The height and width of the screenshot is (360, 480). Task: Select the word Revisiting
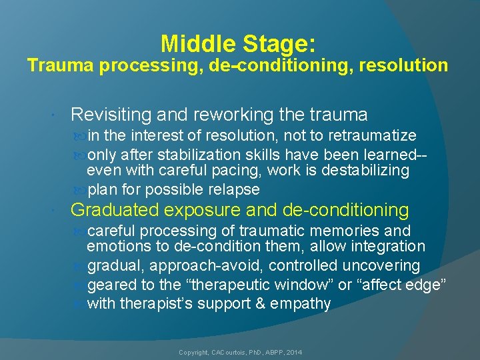coord(112,115)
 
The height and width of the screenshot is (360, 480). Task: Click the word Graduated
coord(115,211)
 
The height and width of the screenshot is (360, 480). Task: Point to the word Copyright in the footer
coord(193,351)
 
